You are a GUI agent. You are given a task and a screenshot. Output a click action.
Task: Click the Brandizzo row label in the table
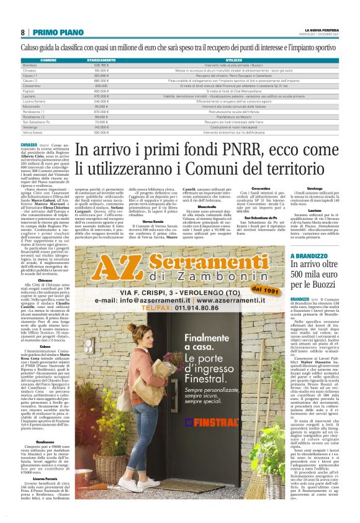(30, 65)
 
